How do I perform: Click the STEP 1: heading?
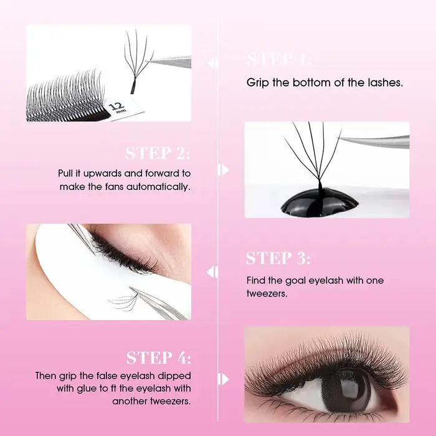279,59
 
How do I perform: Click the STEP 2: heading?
158,153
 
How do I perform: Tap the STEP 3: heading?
278,258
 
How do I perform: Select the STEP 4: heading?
159,358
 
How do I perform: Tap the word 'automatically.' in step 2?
158,187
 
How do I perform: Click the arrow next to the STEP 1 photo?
212,62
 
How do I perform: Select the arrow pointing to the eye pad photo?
212,272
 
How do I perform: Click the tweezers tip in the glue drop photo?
339,138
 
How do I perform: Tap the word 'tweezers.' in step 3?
267,293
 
